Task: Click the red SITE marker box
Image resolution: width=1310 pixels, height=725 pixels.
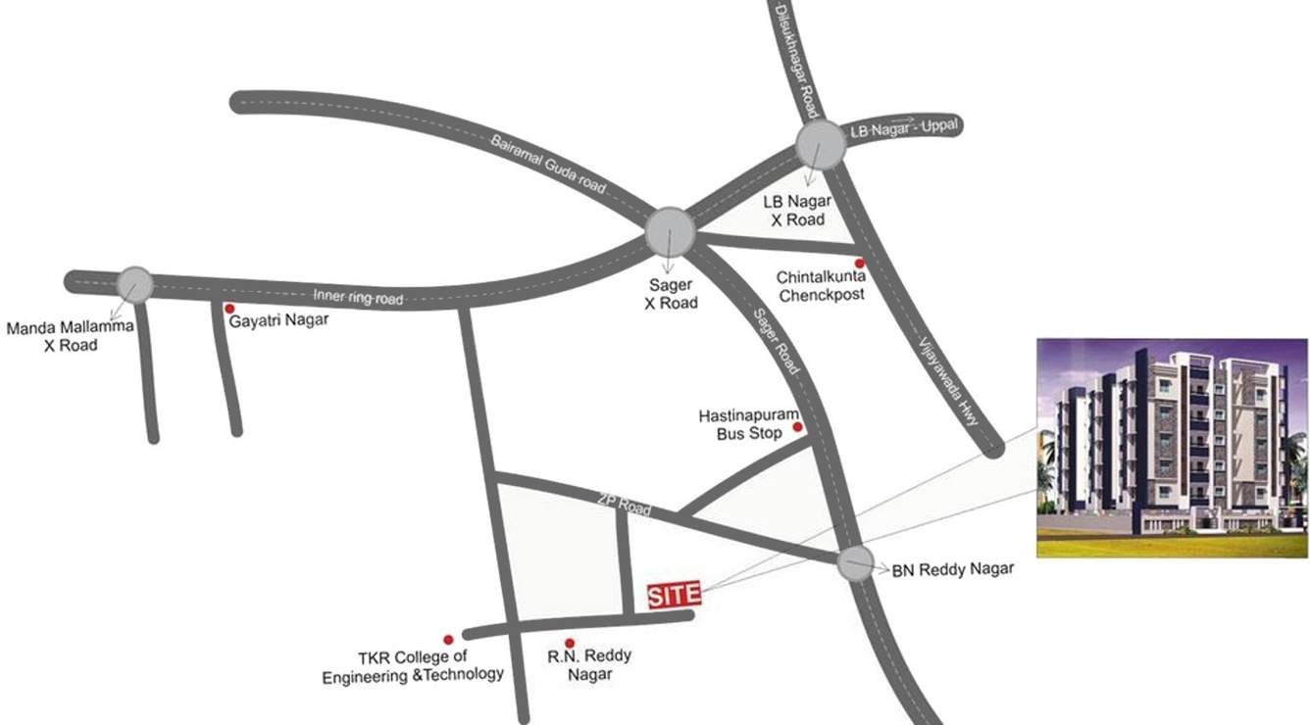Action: (x=675, y=595)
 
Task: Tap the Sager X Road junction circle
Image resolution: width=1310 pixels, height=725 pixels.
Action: (x=671, y=231)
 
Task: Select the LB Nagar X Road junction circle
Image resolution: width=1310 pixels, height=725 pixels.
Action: (x=821, y=145)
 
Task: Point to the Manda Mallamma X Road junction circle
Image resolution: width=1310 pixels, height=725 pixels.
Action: (x=134, y=284)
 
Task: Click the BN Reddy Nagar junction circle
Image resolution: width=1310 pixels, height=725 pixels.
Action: (x=856, y=564)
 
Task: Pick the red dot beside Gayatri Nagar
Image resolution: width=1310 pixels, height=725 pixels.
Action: (x=229, y=308)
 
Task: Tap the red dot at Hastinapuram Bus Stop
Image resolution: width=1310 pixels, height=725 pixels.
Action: (x=797, y=427)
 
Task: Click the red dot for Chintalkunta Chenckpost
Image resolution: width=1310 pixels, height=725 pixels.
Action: (x=860, y=263)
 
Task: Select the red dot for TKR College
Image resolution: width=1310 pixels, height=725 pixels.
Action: (x=448, y=638)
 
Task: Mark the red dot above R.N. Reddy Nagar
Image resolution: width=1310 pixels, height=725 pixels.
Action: (x=570, y=643)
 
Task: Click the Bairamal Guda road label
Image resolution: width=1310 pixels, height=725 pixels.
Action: (x=549, y=162)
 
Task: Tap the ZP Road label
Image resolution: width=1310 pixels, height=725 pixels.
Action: (x=624, y=503)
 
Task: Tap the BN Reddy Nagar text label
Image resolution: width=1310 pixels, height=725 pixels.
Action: (x=952, y=568)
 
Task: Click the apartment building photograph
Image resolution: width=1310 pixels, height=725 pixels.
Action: (x=1172, y=448)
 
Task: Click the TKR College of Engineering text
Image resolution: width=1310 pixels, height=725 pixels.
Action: (x=412, y=665)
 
